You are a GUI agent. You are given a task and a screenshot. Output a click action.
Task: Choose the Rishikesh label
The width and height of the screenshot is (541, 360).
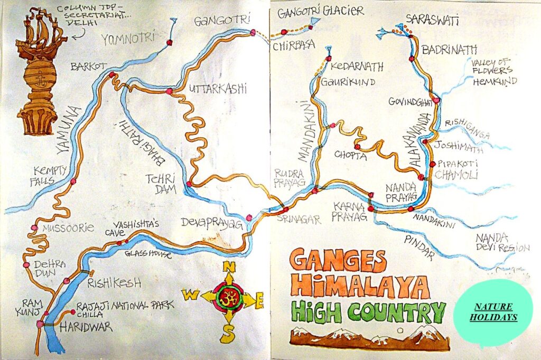(x=114, y=282)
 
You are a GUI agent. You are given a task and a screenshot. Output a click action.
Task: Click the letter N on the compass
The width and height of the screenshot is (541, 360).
(x=229, y=267)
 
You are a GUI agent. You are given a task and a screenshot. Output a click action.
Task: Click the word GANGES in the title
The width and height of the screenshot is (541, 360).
(x=338, y=261)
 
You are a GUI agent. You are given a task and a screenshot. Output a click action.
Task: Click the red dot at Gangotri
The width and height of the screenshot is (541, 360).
(x=253, y=33)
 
